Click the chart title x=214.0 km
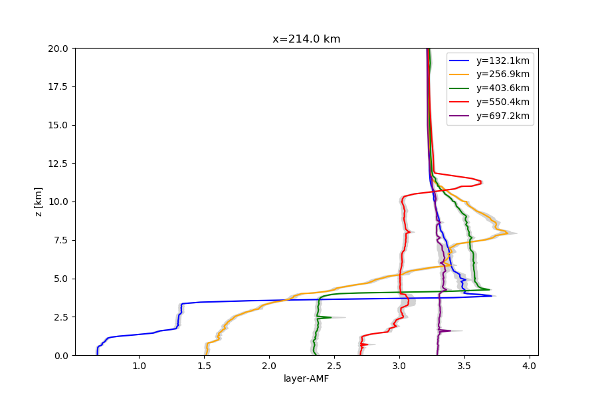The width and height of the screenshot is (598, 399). pyautogui.click(x=306, y=39)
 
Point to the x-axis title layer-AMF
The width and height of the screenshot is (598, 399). pyautogui.click(x=306, y=378)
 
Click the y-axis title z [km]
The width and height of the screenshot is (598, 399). pyautogui.click(x=38, y=202)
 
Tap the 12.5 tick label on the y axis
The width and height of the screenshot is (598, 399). pyautogui.click(x=58, y=164)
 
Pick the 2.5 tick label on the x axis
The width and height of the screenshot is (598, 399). pyautogui.click(x=334, y=366)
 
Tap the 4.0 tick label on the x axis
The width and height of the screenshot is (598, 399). pyautogui.click(x=530, y=366)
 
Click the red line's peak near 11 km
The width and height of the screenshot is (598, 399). pyautogui.click(x=481, y=182)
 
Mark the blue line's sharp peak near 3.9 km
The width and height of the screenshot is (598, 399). pyautogui.click(x=492, y=295)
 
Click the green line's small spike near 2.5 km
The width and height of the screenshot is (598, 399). pyautogui.click(x=331, y=317)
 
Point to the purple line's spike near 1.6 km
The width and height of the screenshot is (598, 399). pyautogui.click(x=450, y=331)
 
